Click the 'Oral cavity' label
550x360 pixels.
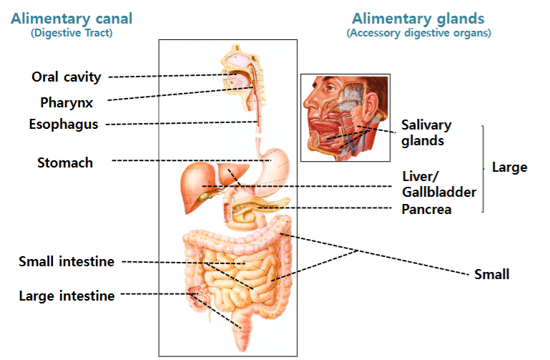coord(67,77)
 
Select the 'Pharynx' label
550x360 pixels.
coord(67,103)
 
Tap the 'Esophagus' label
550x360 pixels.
coord(64,125)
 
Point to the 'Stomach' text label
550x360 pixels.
coord(65,162)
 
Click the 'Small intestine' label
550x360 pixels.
coord(67,261)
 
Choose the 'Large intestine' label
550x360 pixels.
coord(67,296)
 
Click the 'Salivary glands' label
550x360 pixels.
coord(426,132)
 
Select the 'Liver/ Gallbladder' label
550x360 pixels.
coord(439,184)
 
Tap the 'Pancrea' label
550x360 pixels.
coord(426,210)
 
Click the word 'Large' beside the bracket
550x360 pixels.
coord(510,167)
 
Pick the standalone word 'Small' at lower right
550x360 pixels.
coord(492,274)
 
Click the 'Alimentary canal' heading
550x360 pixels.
coord(72,18)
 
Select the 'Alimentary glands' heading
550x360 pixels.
coord(418,18)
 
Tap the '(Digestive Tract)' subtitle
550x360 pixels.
coord(72,33)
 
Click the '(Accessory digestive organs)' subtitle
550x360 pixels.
coord(419,33)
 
